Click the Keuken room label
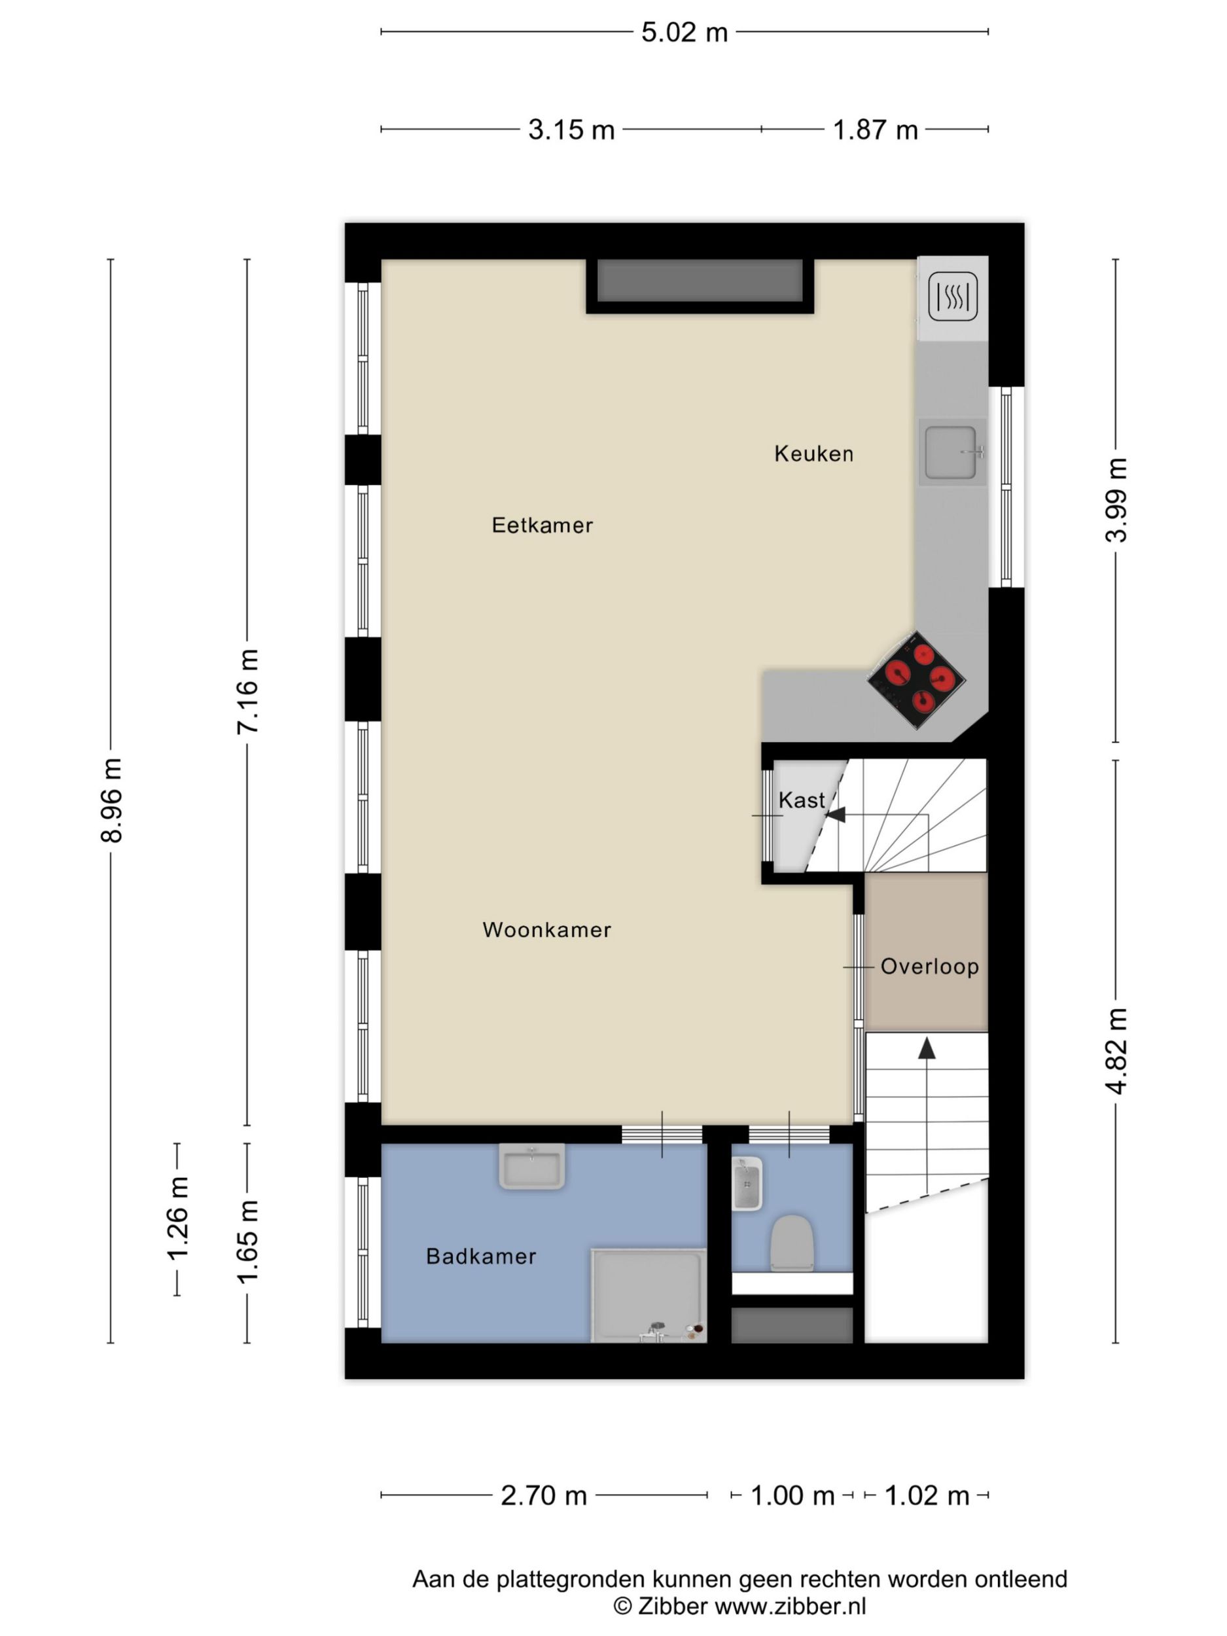point(813,453)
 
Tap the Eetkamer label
point(542,525)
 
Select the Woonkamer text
point(546,930)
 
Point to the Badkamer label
point(481,1256)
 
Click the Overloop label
point(930,966)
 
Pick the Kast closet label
point(802,800)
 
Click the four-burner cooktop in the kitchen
point(916,680)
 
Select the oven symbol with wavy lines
point(953,296)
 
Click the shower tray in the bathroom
point(649,1295)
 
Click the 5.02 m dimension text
point(684,33)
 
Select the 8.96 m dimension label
point(112,800)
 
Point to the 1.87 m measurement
point(875,130)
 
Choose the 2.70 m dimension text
point(544,1495)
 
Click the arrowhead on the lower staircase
point(927,1047)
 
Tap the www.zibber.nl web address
point(791,1606)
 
